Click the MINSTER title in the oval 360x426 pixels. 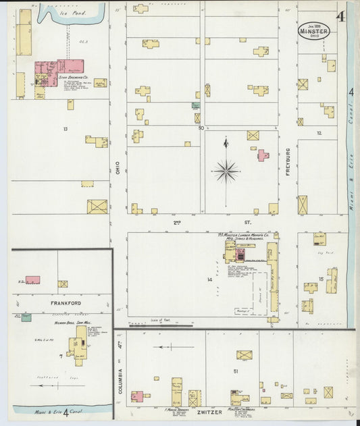pos(314,30)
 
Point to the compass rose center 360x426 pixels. pos(226,171)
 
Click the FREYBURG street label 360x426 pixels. pos(288,161)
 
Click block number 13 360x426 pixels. pos(66,128)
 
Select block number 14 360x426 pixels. pos(210,279)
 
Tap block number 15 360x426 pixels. pos(322,278)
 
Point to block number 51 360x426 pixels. pos(235,371)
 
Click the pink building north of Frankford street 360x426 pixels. pos(32,279)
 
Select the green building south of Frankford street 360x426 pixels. pos(26,317)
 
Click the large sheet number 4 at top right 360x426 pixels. pos(340,16)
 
